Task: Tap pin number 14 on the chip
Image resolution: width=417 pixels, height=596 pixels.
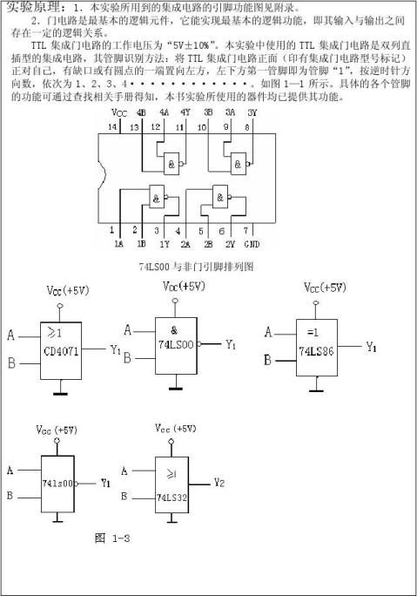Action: (x=111, y=128)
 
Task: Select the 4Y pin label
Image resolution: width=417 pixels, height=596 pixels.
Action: (x=185, y=113)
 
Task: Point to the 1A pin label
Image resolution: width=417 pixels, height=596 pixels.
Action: (x=118, y=244)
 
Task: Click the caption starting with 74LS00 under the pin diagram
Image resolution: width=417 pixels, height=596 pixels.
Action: (x=189, y=265)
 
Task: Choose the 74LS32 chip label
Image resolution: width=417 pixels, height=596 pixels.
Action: (x=177, y=498)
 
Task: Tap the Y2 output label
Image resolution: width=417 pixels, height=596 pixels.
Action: (x=219, y=482)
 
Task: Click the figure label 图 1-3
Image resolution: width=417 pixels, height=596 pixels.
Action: (x=111, y=538)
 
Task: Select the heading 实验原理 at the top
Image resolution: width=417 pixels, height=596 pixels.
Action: (x=29, y=7)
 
